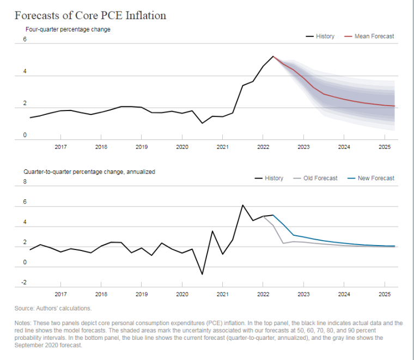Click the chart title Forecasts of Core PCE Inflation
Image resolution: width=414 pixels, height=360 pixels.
click(x=90, y=15)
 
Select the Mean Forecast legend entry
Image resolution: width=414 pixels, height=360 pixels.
click(x=369, y=36)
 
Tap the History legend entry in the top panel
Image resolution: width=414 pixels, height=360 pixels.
click(x=320, y=36)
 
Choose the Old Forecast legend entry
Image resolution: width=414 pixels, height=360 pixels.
click(x=315, y=178)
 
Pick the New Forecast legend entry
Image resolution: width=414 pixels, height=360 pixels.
click(x=371, y=178)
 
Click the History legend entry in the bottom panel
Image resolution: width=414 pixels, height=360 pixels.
click(x=269, y=178)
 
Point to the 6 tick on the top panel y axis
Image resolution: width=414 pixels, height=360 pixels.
click(x=25, y=39)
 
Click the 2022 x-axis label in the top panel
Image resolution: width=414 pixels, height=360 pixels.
click(x=263, y=147)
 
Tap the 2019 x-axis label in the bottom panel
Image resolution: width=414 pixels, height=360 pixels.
click(x=142, y=294)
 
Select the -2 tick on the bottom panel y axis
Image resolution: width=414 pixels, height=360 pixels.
click(x=24, y=283)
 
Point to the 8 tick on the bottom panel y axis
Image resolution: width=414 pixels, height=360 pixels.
click(x=25, y=181)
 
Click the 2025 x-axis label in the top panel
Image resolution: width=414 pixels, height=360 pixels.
click(x=385, y=147)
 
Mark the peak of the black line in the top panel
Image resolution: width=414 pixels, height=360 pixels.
click(x=273, y=56)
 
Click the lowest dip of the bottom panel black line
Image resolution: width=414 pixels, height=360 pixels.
click(x=202, y=274)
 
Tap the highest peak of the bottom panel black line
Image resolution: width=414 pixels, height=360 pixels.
click(x=242, y=205)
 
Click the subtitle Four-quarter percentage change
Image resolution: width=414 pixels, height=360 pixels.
click(x=68, y=29)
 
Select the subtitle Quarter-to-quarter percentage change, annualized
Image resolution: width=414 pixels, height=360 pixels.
click(x=89, y=172)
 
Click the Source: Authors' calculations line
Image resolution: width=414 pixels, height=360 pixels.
click(x=53, y=308)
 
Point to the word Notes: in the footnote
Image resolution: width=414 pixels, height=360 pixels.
click(x=23, y=323)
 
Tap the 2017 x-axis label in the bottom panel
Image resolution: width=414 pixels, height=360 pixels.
click(x=60, y=294)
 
